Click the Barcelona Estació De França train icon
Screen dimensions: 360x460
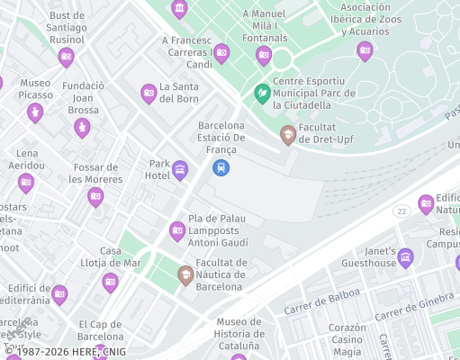coord(221,167)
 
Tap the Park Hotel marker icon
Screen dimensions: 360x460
coord(179,169)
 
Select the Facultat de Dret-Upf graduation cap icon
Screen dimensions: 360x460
coord(288,135)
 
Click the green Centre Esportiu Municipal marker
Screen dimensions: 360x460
coord(262,92)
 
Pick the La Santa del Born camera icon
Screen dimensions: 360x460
coord(149,92)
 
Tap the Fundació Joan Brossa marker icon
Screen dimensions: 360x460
coord(82,127)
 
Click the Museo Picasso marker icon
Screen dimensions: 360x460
coord(34,112)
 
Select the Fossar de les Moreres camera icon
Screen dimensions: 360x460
coord(95,196)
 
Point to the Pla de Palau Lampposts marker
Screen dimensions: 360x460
coord(177,230)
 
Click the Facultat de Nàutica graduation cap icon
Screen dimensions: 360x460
coord(185,274)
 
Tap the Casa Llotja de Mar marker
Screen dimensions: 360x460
coord(110,282)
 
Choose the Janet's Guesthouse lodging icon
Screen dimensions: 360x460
coord(406,257)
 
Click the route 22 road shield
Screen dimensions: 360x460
coord(401,210)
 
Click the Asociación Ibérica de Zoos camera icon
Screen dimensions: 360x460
coord(365,50)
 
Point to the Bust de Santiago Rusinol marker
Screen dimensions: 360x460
coord(66,57)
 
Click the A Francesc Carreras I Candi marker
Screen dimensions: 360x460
coord(221,53)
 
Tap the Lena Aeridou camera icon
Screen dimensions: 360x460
coord(25,183)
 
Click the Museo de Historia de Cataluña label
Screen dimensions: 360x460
coord(239,334)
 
